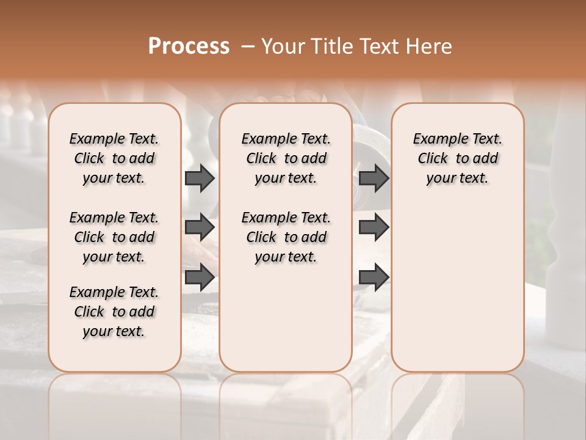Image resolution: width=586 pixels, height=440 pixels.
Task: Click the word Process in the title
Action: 189,46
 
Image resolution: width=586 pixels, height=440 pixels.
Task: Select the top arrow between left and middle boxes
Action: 200,178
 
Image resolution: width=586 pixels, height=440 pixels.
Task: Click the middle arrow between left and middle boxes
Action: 200,228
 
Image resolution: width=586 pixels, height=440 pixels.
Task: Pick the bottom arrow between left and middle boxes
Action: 200,277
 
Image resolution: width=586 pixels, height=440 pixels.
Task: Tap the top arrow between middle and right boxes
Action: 374,178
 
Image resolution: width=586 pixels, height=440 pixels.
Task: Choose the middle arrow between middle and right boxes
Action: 374,228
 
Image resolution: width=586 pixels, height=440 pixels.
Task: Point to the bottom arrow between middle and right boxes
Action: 374,277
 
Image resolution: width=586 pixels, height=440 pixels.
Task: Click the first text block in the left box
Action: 114,158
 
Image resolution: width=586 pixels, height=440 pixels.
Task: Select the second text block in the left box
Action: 114,237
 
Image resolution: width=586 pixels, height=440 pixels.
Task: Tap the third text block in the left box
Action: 114,312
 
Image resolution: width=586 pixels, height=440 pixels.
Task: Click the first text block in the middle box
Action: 286,158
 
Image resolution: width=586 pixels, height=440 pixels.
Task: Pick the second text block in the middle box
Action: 286,237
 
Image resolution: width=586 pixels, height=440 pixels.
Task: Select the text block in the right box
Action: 458,158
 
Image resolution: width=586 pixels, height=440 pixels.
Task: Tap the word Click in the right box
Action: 433,159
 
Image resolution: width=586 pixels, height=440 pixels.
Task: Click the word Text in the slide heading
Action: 380,46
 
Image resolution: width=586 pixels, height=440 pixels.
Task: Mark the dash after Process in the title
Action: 248,46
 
